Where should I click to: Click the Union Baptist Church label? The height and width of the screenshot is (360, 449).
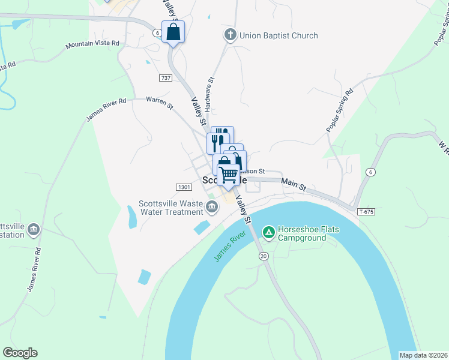(279, 35)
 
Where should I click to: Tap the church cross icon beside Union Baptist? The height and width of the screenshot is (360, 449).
(230, 35)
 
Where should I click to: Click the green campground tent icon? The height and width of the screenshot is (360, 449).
(269, 231)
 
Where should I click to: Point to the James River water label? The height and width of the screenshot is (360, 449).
(231, 247)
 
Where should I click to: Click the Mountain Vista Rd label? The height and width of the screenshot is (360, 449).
(92, 44)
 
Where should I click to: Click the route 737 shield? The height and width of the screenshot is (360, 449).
(166, 78)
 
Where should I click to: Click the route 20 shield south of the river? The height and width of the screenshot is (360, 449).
(264, 256)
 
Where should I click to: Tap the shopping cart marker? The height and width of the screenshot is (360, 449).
(228, 175)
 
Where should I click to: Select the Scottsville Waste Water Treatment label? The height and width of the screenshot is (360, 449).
(171, 208)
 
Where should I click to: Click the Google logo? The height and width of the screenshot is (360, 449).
(20, 353)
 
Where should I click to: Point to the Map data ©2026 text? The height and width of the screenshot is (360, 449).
(423, 355)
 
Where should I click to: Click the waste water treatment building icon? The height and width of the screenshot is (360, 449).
(212, 208)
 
